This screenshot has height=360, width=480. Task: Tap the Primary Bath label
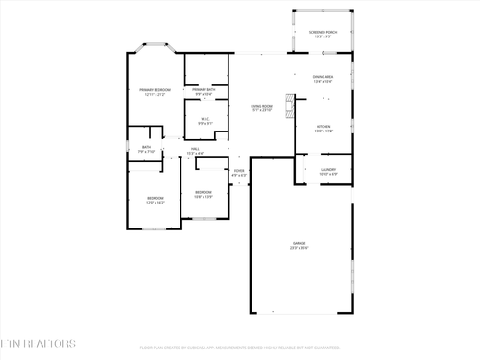[x=204, y=90]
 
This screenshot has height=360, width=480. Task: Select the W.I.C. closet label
[x=204, y=120]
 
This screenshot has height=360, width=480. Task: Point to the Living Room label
[x=261, y=108]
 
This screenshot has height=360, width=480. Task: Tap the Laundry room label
[x=328, y=170]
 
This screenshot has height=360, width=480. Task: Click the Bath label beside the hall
[x=146, y=149]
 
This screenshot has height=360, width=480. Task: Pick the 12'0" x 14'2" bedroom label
[x=155, y=201]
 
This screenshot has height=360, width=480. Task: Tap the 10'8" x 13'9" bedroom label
[x=204, y=194]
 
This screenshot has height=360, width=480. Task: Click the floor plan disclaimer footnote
[x=240, y=348]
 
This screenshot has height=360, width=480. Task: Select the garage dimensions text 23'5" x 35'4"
[x=300, y=250]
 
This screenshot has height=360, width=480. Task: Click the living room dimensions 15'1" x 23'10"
[x=261, y=111]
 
